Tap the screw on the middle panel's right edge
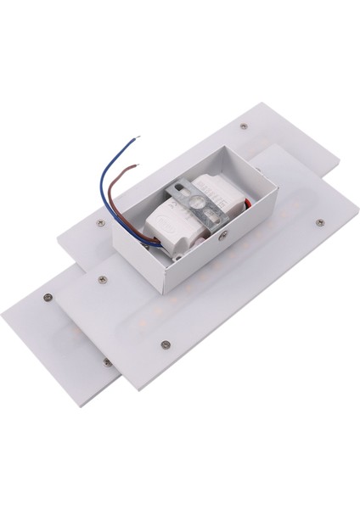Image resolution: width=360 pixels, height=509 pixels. point(319,223)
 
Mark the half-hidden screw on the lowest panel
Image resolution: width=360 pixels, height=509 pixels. point(106,363)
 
